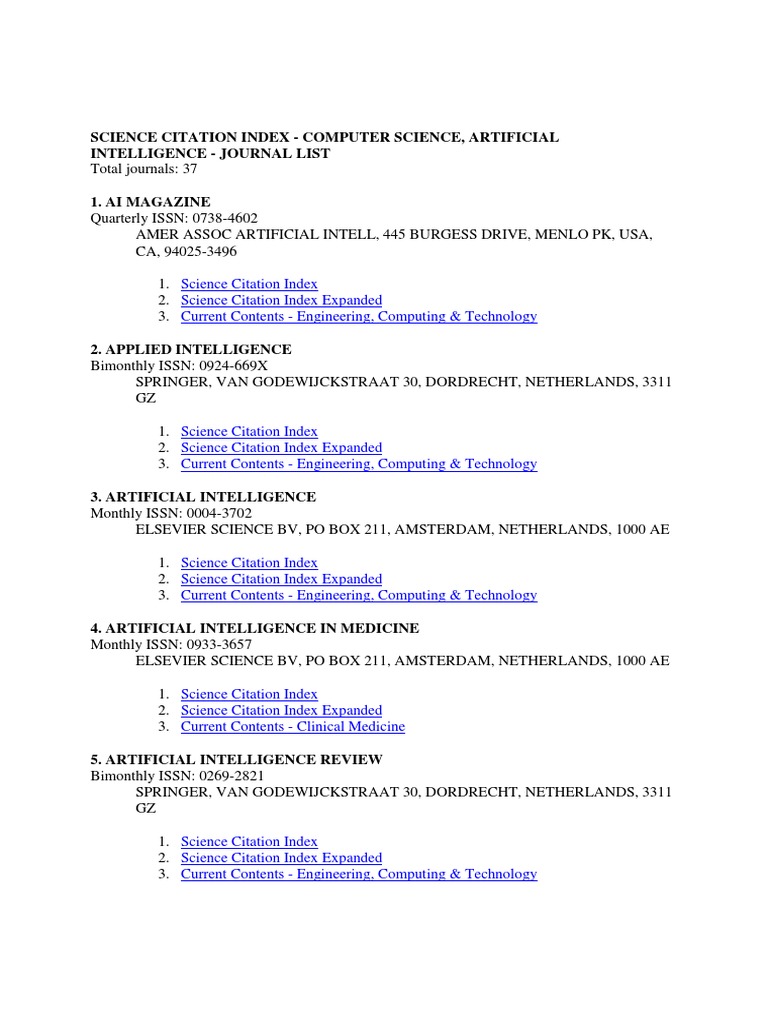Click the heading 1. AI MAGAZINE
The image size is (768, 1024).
150,202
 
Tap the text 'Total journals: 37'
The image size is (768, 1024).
143,169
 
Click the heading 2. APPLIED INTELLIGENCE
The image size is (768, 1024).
190,349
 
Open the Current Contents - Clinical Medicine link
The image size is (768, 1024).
293,726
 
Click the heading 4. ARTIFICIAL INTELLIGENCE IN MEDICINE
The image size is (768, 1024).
254,628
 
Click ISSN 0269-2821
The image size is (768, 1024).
230,775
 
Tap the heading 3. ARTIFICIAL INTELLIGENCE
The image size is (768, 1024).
203,496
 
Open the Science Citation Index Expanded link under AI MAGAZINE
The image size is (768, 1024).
281,300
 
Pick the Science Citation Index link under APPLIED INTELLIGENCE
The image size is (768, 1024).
249,431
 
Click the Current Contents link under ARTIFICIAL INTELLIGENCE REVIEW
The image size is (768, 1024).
358,873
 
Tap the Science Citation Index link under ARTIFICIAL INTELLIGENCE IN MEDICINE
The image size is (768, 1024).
249,693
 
